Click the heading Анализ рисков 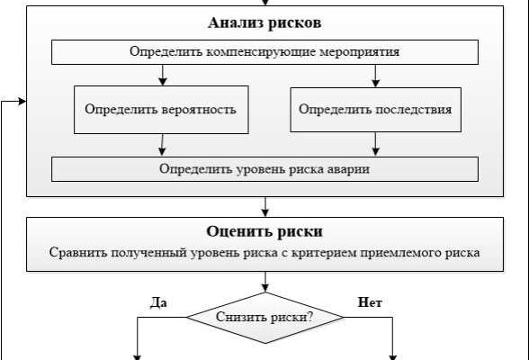264,22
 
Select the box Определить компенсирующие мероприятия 264,52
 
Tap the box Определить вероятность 161,110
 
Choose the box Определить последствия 375,110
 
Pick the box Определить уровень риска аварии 264,169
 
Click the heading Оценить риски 264,231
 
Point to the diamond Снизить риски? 265,318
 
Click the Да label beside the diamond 158,302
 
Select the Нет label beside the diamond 370,302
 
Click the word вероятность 199,110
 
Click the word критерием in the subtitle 324,252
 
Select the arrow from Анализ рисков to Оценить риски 265,207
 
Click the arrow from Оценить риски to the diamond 265,282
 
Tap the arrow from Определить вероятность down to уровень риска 162,145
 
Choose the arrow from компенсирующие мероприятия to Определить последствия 375,76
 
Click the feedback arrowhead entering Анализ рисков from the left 22,101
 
